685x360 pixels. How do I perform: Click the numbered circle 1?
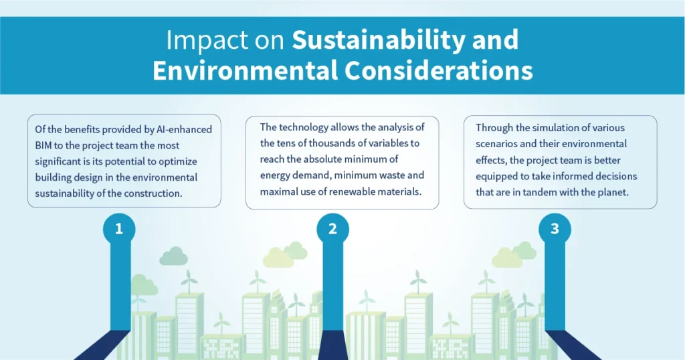click(x=119, y=229)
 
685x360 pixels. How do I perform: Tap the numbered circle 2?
click(x=332, y=229)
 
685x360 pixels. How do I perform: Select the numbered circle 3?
click(x=555, y=229)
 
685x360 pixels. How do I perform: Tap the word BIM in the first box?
click(x=45, y=145)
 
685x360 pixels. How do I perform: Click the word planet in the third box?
click(x=619, y=192)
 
